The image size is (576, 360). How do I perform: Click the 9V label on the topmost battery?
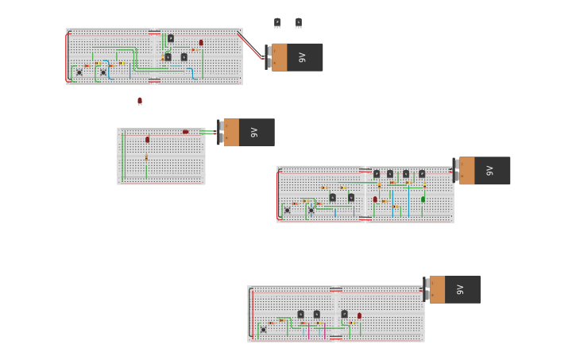point(302,57)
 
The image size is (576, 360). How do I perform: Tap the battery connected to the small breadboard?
point(247,132)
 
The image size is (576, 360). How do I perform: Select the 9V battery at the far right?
point(483,170)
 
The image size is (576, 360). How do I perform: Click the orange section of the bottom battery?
point(438,289)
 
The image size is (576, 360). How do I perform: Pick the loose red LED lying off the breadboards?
point(140,101)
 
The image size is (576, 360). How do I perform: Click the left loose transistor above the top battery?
point(277,22)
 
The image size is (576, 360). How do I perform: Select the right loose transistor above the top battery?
point(298,22)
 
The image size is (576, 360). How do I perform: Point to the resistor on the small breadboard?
point(146,157)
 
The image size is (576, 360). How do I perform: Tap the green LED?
point(423,199)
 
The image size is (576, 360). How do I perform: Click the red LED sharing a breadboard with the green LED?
point(375,199)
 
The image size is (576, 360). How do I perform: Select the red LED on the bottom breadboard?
point(359,315)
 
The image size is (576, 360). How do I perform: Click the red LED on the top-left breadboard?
point(201,43)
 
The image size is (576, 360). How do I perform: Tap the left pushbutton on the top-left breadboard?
point(79,72)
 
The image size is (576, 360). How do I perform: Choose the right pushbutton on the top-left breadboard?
point(102,72)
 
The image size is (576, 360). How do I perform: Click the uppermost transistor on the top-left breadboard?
point(170,38)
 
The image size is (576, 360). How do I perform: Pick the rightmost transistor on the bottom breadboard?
point(344,314)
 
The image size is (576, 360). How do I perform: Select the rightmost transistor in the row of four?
point(422,173)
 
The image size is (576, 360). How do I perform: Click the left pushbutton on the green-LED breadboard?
point(288,210)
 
